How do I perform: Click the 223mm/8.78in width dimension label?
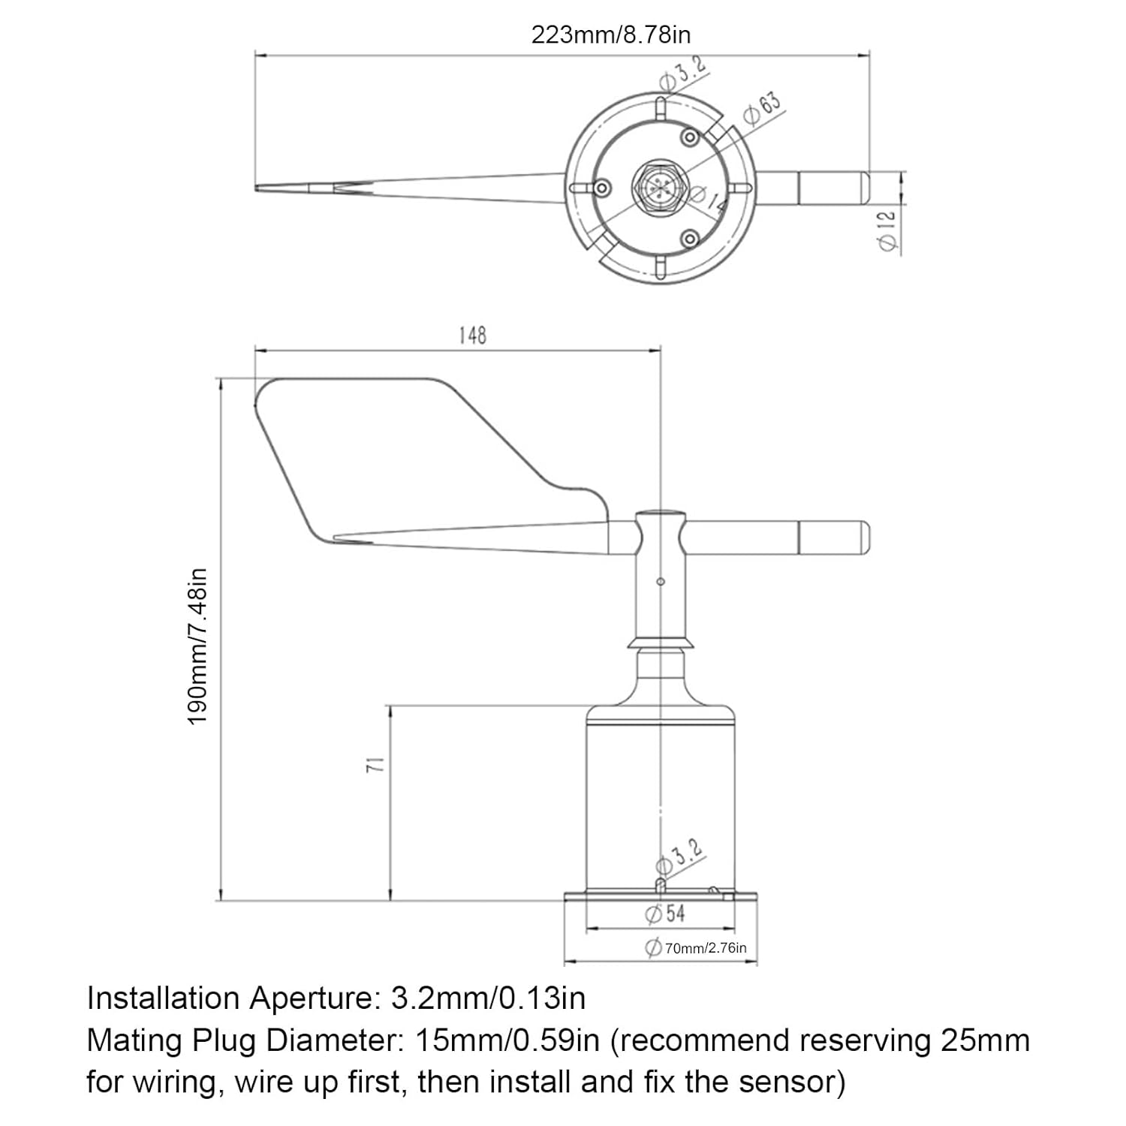pos(610,35)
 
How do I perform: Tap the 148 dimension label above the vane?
pos(472,335)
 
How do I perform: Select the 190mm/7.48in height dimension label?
pos(197,646)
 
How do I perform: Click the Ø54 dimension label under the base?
pos(665,914)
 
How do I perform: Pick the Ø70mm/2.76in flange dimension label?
pos(697,948)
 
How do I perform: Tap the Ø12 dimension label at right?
pos(887,229)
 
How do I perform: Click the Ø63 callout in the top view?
pos(762,108)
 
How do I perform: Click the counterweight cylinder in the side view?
pos(833,538)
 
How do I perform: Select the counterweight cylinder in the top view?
pos(833,188)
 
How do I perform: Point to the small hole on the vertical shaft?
pos(661,581)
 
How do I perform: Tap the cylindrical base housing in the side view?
pos(661,796)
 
